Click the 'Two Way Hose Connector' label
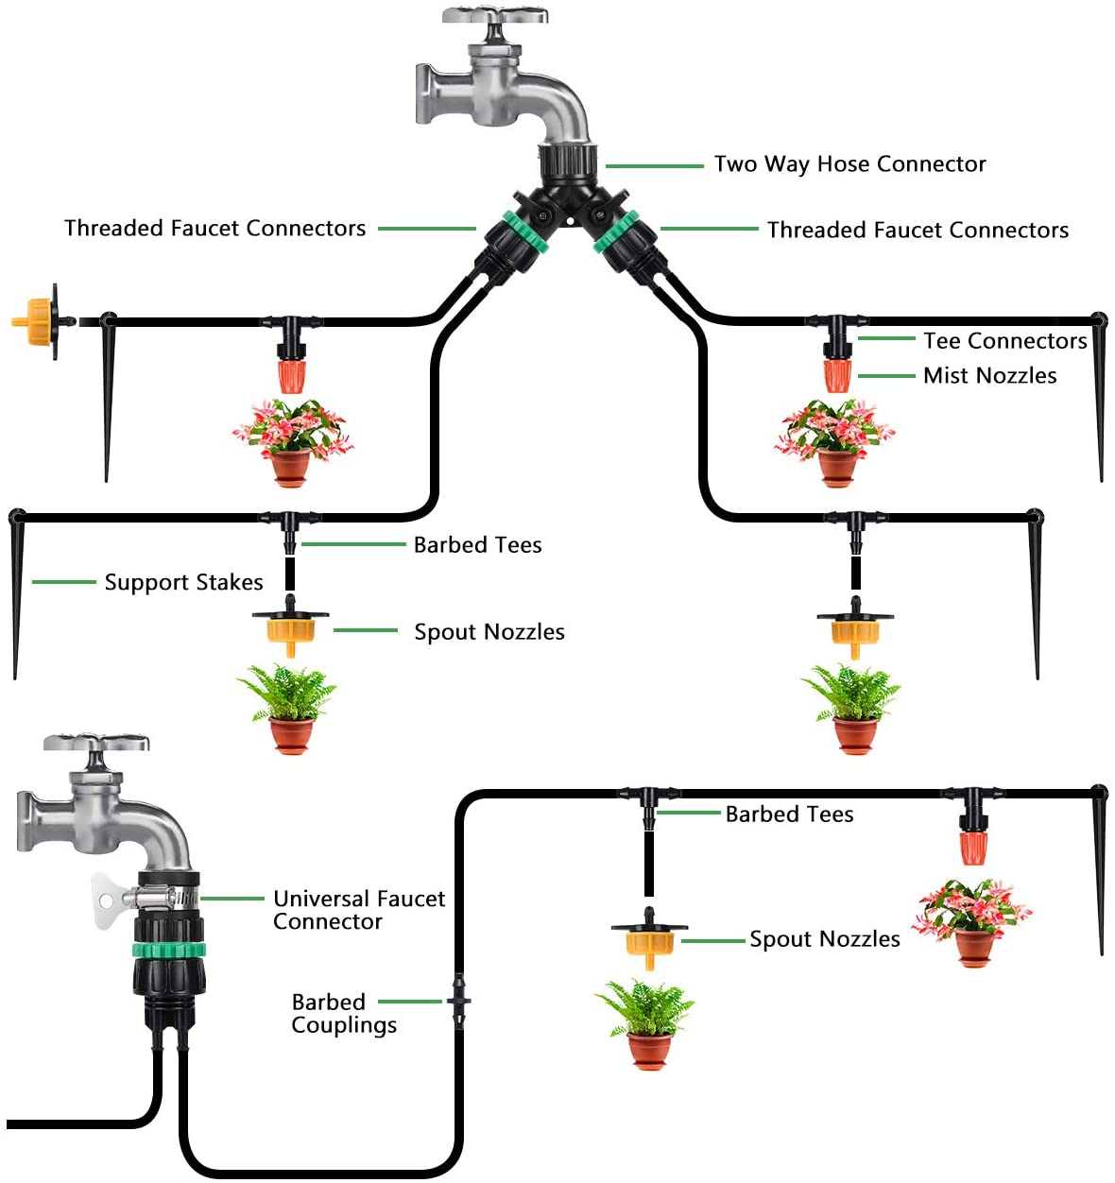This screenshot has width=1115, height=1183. [x=849, y=164]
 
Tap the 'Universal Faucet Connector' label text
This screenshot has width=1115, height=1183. [x=358, y=910]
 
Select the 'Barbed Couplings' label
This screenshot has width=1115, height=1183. [x=343, y=1013]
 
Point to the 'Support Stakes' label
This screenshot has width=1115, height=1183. [x=183, y=582]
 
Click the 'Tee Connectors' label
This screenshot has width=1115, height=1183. [x=1004, y=340]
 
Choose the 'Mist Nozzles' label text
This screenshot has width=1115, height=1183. [x=989, y=375]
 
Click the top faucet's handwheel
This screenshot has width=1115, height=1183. [x=495, y=16]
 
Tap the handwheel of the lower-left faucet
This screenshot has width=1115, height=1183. [x=96, y=743]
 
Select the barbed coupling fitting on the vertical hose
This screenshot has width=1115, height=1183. [x=459, y=1002]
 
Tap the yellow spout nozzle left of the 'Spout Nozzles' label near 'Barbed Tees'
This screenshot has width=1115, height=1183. [x=289, y=630]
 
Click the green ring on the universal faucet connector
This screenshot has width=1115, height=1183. [x=168, y=949]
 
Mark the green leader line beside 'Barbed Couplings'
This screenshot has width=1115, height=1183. [x=409, y=1001]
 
